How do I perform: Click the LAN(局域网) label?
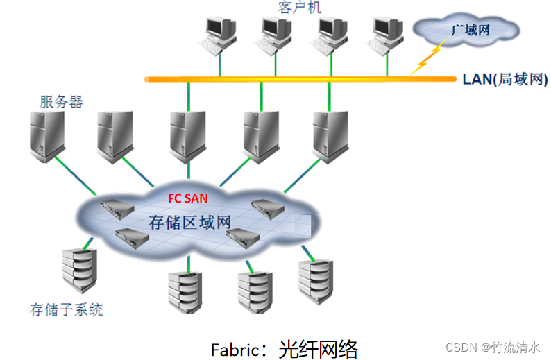[x=505, y=78]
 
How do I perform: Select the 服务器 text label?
[x=60, y=102]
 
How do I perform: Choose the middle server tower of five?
[x=189, y=135]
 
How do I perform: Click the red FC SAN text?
[x=188, y=198]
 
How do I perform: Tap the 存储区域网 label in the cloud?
[x=190, y=223]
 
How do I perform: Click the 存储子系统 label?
[x=67, y=309]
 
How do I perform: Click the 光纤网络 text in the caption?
[x=319, y=347]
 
